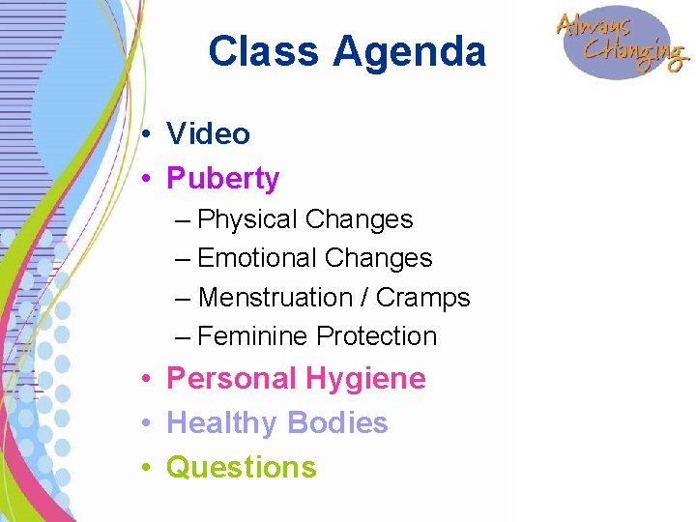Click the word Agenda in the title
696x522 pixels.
tap(410, 52)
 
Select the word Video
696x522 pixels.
tap(208, 133)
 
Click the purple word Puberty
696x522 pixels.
tap(222, 179)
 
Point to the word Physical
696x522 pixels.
tap(247, 220)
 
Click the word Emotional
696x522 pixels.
tap(257, 259)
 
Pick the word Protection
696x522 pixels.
tap(377, 336)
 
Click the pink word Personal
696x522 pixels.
tap(232, 378)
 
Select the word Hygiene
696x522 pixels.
tap(365, 379)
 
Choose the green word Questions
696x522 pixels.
tap(241, 468)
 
